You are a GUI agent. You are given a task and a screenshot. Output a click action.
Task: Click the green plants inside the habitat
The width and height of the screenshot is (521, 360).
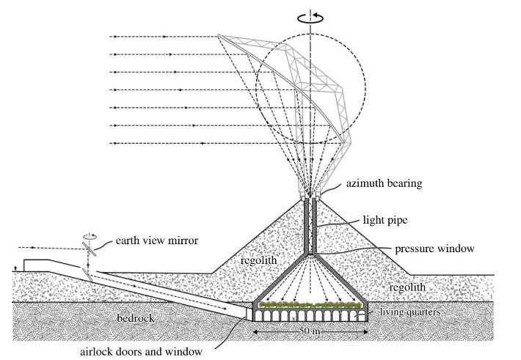(308, 303)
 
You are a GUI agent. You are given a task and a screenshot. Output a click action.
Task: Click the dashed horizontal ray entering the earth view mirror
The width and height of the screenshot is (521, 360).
(51, 248)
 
